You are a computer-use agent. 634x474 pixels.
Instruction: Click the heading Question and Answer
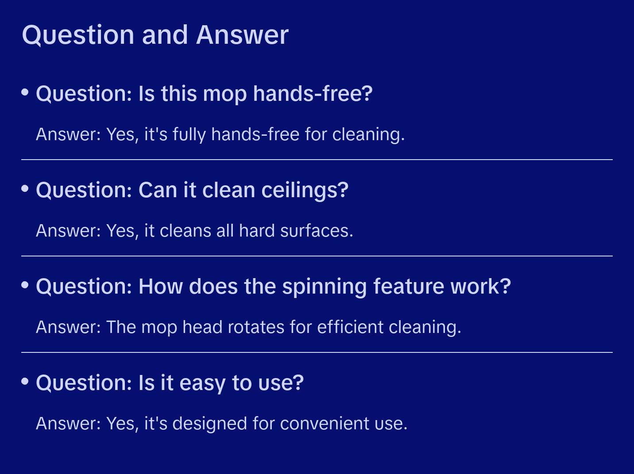click(x=155, y=35)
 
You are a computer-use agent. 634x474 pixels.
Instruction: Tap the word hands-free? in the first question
click(x=313, y=94)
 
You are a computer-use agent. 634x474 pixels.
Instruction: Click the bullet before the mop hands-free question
click(x=25, y=92)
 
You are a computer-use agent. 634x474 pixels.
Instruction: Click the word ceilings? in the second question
click(x=305, y=191)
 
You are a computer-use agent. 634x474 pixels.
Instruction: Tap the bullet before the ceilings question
click(x=25, y=189)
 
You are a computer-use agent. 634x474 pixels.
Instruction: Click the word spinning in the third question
click(x=325, y=287)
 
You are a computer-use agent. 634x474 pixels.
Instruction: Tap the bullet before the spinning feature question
click(x=25, y=285)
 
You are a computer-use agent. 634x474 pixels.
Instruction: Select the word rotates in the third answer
click(x=250, y=327)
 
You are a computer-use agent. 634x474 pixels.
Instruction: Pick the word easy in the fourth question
click(x=203, y=383)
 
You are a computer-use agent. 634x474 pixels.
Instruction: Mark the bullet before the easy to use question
click(x=25, y=382)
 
